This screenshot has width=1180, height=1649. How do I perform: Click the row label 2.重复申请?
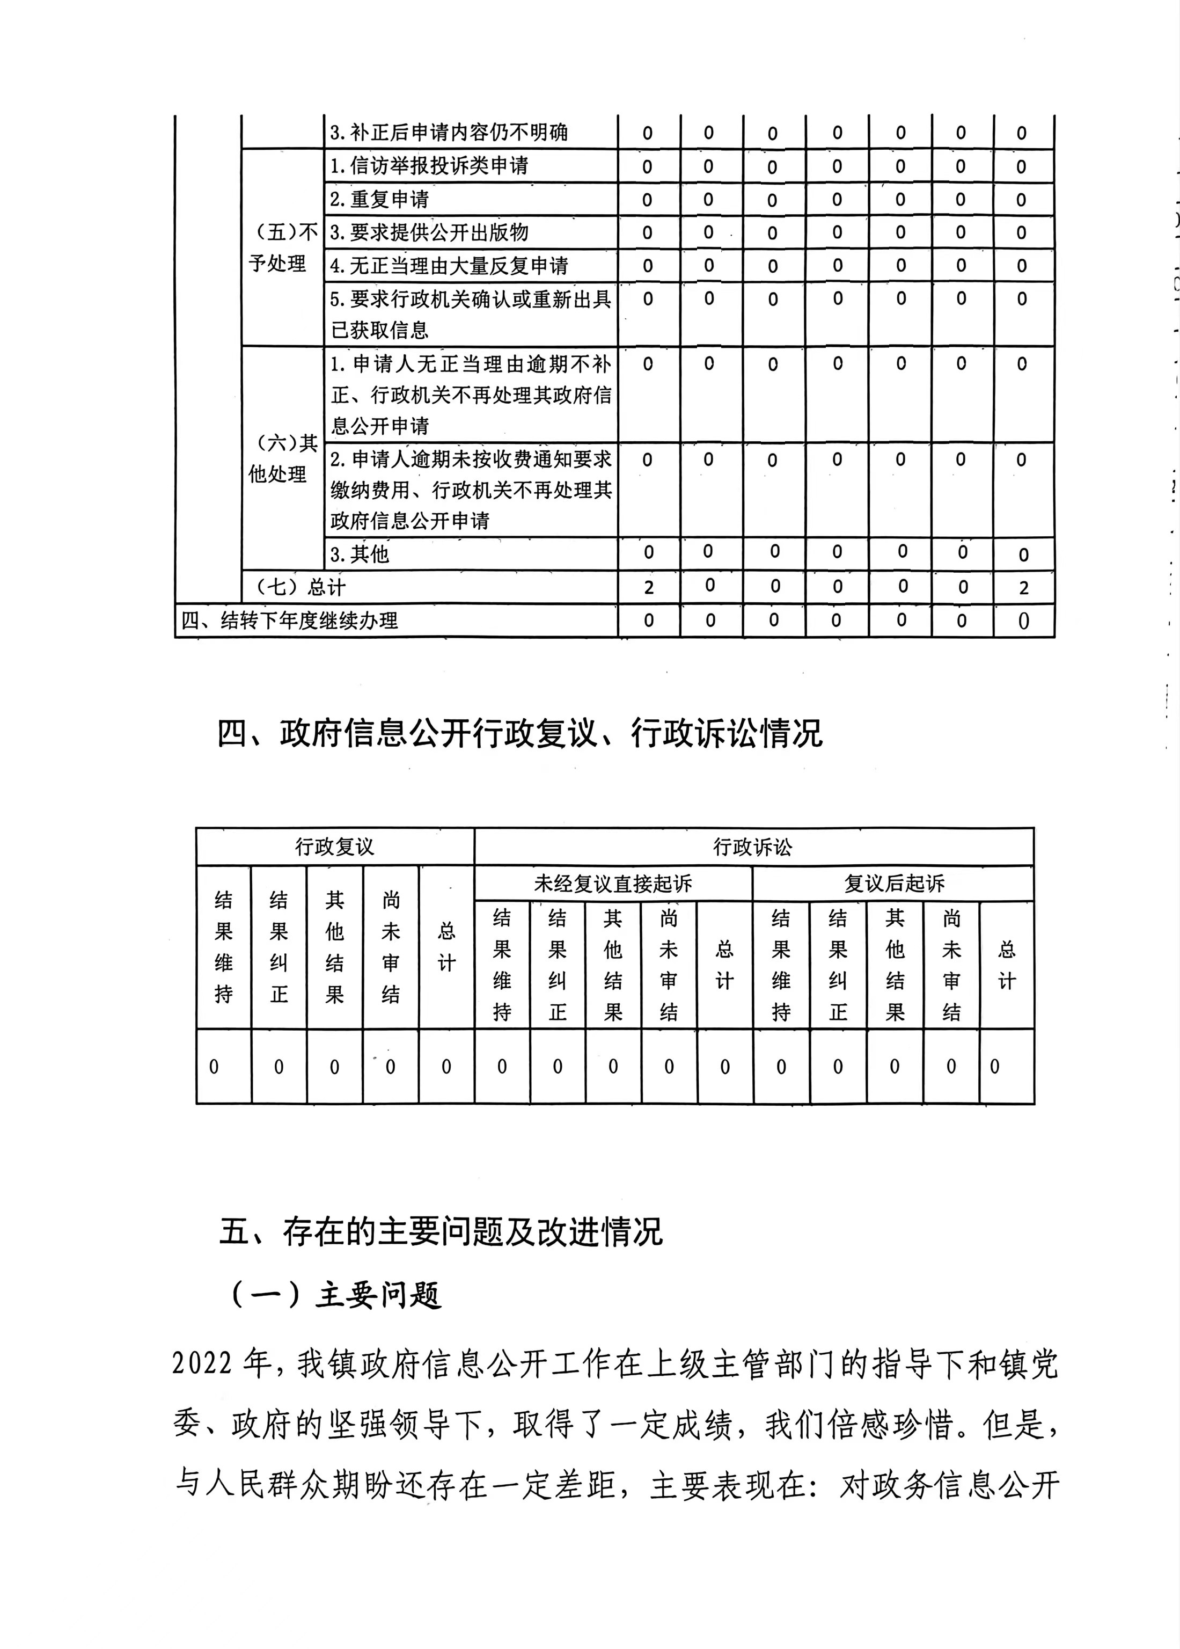(380, 199)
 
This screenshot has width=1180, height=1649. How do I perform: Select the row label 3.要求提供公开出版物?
(429, 232)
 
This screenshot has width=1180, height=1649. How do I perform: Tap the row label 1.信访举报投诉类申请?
(429, 166)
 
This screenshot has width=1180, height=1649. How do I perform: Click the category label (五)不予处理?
(283, 248)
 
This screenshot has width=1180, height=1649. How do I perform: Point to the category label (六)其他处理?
(283, 458)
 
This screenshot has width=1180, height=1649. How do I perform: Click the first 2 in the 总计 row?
(649, 587)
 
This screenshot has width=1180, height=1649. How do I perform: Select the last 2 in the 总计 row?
(1023, 587)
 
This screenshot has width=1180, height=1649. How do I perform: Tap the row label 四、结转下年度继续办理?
(289, 621)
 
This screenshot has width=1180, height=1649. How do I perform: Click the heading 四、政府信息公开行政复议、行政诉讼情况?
(519, 733)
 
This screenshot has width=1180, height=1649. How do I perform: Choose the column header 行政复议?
(334, 847)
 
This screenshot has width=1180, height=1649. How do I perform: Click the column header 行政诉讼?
(753, 847)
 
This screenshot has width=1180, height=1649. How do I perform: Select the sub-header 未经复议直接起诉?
(612, 884)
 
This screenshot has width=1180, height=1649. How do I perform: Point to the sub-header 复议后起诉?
(893, 884)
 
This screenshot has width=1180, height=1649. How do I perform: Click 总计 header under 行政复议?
(446, 947)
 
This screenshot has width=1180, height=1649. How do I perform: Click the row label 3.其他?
(360, 554)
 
